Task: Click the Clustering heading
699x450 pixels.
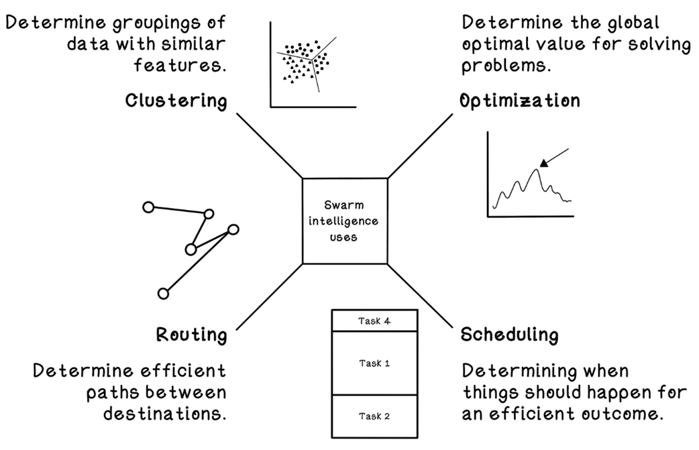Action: pyautogui.click(x=176, y=101)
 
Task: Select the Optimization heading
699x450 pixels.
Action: pyautogui.click(x=519, y=101)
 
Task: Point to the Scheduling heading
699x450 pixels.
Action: pyautogui.click(x=508, y=334)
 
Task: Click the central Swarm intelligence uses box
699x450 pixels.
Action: pyautogui.click(x=345, y=221)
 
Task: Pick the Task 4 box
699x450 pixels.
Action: pyautogui.click(x=374, y=321)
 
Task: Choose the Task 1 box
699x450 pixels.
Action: pyautogui.click(x=374, y=363)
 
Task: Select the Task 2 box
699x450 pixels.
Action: pyautogui.click(x=374, y=416)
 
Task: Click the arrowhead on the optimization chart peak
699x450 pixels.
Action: pyautogui.click(x=544, y=161)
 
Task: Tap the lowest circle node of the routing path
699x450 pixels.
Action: pyautogui.click(x=162, y=293)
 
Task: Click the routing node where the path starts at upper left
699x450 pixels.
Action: pyautogui.click(x=149, y=207)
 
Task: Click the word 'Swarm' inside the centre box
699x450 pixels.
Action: pyautogui.click(x=344, y=206)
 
